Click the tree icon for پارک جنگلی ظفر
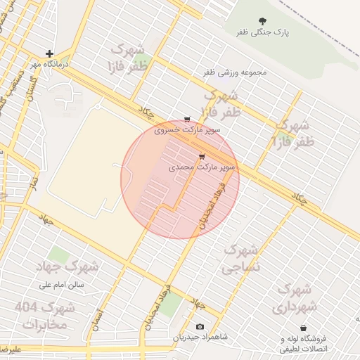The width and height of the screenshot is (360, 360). pos(263,22)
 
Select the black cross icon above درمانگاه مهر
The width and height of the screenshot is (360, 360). pos(49,53)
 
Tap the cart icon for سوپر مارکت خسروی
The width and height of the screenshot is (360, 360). pos(186,119)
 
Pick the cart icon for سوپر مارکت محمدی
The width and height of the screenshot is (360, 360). pos(202,157)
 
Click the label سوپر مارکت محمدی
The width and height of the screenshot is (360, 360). pos(202,169)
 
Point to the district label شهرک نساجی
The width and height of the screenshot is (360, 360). pos(241,258)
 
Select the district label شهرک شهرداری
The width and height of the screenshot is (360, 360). pos(294,297)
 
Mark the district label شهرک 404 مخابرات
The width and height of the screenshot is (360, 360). pos(45,316)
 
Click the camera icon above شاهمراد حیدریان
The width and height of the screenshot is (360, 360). pos(200,327)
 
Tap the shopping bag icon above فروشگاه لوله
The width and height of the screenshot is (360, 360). pos(303,328)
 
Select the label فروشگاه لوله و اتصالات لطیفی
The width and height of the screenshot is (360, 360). pos(303,343)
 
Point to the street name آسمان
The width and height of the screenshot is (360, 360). pos(97,321)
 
